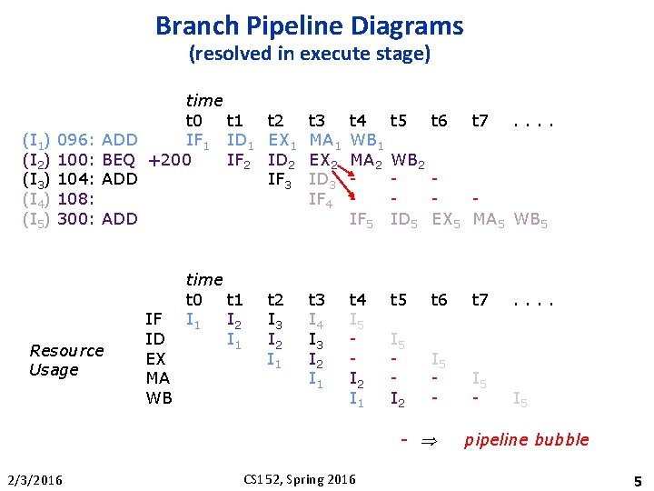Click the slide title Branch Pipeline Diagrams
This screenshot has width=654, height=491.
click(x=309, y=25)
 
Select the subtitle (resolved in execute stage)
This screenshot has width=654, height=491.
click(x=309, y=54)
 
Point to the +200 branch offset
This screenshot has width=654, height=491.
click(x=169, y=160)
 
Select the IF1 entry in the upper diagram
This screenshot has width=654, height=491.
click(x=198, y=140)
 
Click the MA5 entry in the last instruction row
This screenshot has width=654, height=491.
click(x=490, y=219)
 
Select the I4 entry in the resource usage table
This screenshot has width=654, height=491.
click(x=316, y=320)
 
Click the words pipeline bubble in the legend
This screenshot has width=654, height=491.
click(x=527, y=440)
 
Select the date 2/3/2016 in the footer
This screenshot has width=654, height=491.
click(x=33, y=478)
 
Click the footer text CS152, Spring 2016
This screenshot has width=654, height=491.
click(x=299, y=478)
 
